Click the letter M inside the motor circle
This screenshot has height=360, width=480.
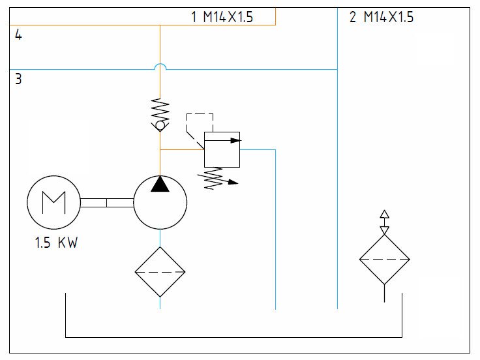pos(54,202)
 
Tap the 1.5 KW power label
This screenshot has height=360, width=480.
pos(56,243)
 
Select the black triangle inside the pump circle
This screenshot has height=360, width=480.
pos(160,184)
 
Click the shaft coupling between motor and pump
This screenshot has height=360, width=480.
pos(107,203)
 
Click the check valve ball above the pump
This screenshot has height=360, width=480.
pos(160,125)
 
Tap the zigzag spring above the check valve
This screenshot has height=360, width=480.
pos(160,110)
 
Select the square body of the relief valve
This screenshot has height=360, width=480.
pos(222,150)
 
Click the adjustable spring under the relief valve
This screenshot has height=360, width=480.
pos(217,179)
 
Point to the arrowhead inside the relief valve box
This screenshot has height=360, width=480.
pos(235,140)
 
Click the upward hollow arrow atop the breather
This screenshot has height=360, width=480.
pos(385,214)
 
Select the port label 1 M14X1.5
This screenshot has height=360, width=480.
pos(222,17)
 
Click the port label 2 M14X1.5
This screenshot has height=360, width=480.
pos(382,17)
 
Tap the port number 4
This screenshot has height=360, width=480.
pos(18,35)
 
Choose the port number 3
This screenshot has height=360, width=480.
pos(18,79)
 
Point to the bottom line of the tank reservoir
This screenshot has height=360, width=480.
pos(233,337)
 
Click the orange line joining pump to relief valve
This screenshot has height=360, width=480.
pos(182,150)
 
